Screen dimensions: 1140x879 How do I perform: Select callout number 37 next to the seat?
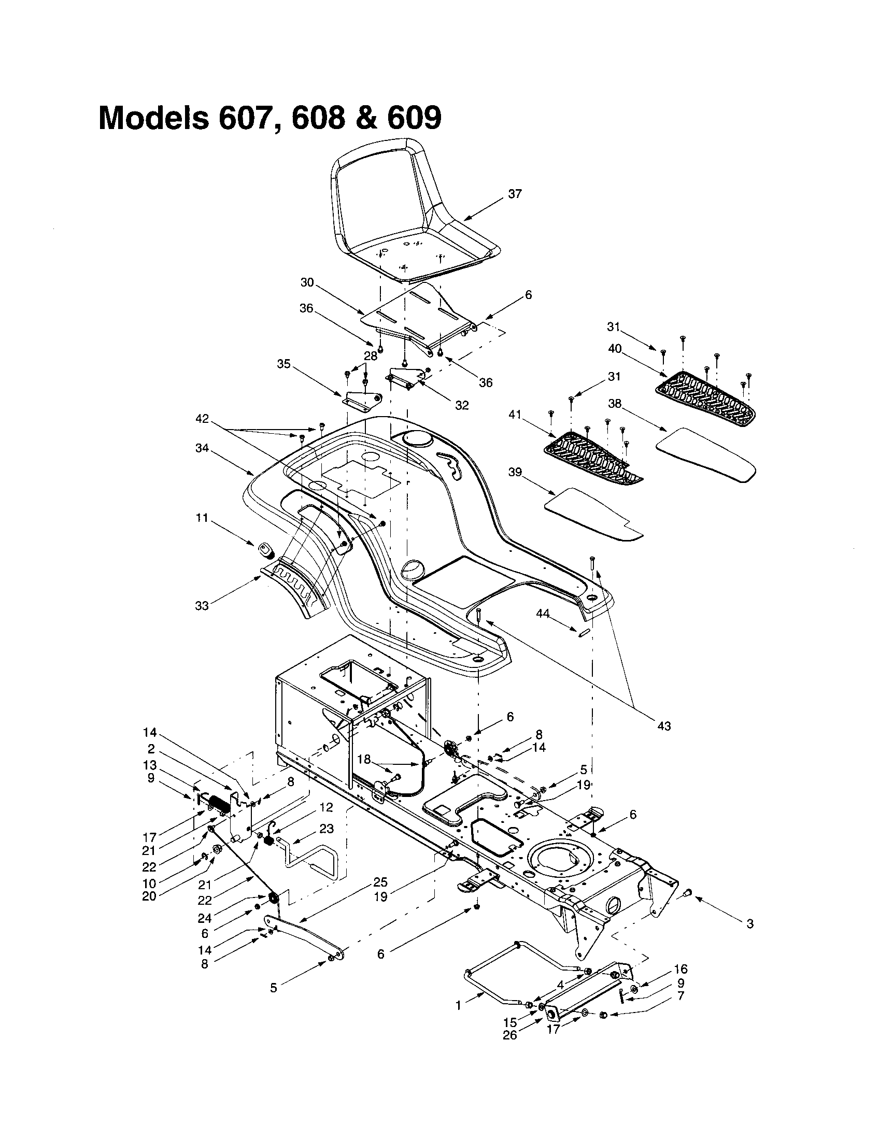point(515,194)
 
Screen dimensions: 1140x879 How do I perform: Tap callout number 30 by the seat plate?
point(307,282)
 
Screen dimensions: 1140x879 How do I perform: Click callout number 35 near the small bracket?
point(283,363)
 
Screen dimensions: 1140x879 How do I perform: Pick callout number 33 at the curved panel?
point(202,605)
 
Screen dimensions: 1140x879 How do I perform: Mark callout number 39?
point(515,472)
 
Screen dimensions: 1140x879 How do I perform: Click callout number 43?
point(664,725)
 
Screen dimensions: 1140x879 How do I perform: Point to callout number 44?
point(543,615)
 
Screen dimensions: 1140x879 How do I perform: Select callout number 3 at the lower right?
point(750,924)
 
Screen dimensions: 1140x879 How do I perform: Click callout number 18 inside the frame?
point(364,760)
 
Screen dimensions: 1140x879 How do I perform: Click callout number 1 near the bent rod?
point(458,1005)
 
